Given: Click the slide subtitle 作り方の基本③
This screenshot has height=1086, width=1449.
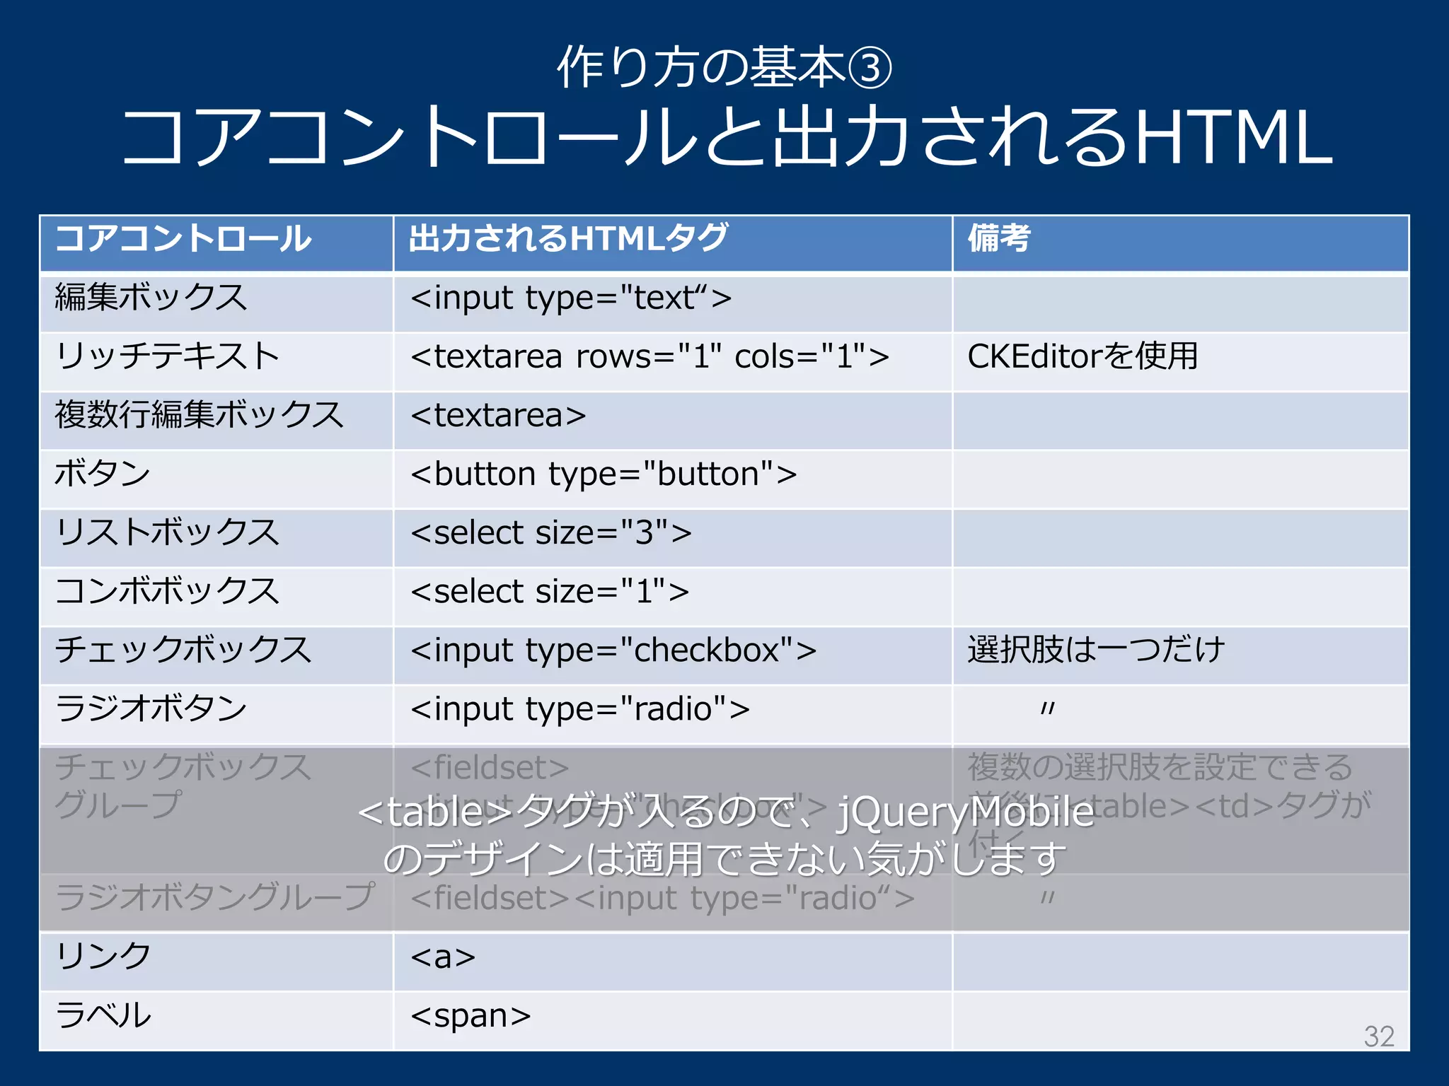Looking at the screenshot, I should (724, 68).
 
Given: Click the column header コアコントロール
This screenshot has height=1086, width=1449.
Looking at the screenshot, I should (183, 238).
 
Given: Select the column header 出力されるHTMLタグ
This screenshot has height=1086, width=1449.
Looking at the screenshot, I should (568, 238).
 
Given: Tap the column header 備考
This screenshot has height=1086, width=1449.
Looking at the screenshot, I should (998, 238).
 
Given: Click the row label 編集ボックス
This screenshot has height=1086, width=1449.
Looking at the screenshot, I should (151, 298).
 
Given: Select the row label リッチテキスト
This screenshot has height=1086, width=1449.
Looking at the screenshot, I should (167, 356).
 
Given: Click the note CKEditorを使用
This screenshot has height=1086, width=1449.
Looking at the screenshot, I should (1082, 356).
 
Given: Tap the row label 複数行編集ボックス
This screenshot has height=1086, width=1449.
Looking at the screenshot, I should (199, 415).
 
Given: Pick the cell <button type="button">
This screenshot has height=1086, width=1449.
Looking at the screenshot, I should (604, 474).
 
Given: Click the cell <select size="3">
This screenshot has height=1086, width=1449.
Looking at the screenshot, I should (551, 533).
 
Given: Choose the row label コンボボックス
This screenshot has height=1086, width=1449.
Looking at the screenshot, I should (167, 592).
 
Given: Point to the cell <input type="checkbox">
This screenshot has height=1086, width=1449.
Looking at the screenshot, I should (613, 650).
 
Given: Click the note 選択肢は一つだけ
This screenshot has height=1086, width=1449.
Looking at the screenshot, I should (1095, 650).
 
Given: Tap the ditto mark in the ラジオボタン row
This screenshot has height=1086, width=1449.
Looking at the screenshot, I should (1048, 708).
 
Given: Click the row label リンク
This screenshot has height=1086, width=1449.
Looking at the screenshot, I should (103, 957).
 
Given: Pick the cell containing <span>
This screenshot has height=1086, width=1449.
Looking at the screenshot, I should (471, 1016).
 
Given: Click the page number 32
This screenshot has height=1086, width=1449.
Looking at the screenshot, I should (1379, 1037).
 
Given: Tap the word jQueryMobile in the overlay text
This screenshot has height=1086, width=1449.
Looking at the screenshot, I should (966, 812).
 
